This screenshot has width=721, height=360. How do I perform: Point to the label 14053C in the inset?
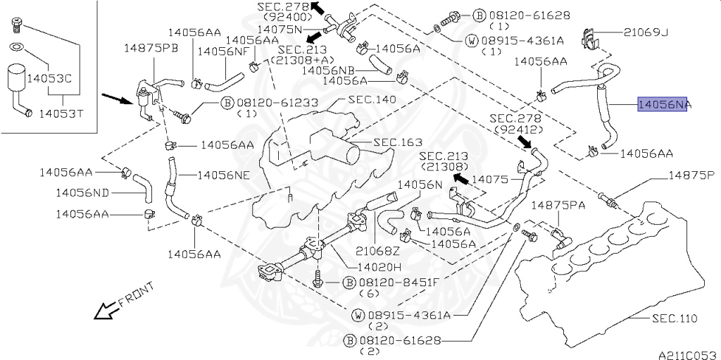(x=49, y=80)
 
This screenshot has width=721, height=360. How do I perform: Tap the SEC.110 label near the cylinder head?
(x=673, y=318)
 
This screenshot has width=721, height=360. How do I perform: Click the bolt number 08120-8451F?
(x=400, y=282)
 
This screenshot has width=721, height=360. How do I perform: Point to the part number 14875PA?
(x=558, y=205)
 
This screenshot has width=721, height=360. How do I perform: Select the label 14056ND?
(x=82, y=192)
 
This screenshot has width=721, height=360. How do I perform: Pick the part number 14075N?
(x=279, y=30)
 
